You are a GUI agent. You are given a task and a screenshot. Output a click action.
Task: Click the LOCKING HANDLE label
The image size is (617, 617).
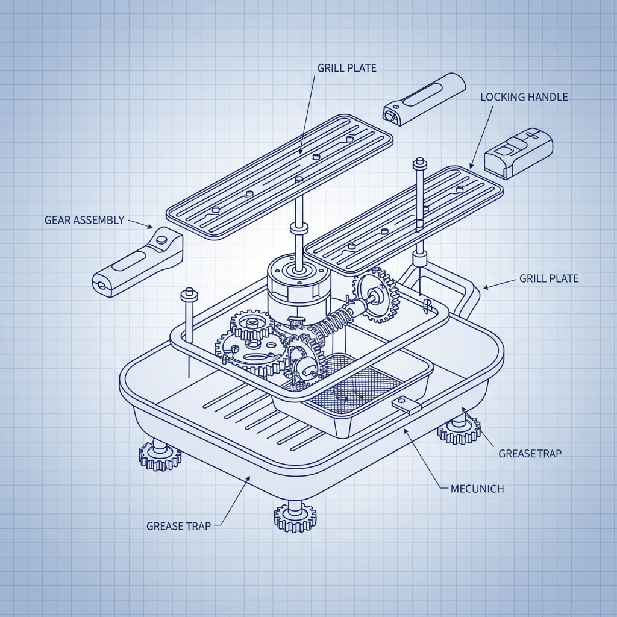pyautogui.click(x=524, y=97)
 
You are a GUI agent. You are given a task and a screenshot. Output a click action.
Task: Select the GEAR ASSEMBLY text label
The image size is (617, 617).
pyautogui.click(x=84, y=220)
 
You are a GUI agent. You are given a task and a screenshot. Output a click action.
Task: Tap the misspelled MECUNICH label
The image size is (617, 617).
pyautogui.click(x=477, y=488)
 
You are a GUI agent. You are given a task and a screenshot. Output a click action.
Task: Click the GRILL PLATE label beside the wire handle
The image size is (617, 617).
pyautogui.click(x=548, y=279)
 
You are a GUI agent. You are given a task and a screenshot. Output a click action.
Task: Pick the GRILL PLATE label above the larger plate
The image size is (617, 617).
pyautogui.click(x=346, y=68)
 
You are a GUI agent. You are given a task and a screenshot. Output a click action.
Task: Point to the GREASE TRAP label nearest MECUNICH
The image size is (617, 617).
pyautogui.click(x=530, y=453)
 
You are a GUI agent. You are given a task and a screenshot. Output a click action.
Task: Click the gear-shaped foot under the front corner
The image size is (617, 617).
pyautogui.click(x=295, y=516)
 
